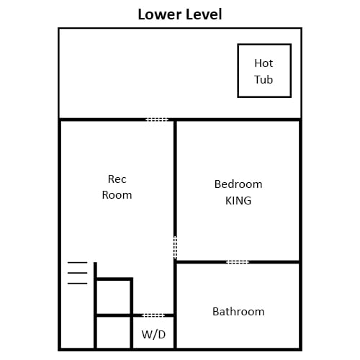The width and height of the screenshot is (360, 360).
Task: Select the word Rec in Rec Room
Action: tap(117, 179)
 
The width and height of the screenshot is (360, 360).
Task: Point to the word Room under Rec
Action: tap(117, 195)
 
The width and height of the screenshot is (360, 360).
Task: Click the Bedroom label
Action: tap(238, 184)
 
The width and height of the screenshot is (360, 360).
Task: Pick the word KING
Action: tap(238, 201)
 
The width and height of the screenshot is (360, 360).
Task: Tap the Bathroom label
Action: tap(238, 312)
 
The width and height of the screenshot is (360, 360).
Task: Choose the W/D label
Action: tap(153, 334)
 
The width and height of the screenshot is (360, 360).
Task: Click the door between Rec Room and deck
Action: tap(157, 120)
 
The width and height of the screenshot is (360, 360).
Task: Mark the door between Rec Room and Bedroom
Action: tap(175, 247)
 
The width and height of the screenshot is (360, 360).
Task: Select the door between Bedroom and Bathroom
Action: tap(238, 262)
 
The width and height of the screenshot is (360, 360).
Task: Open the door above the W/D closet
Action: tap(153, 315)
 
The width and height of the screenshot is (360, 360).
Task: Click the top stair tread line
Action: tap(77, 263)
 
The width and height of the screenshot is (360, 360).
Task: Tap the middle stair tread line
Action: tap(77, 273)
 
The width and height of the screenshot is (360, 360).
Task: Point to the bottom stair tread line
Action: tap(77, 284)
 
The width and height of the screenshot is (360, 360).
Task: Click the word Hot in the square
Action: tap(264, 63)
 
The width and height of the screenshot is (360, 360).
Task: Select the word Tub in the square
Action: tap(264, 79)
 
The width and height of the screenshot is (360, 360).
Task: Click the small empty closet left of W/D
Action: tap(114, 332)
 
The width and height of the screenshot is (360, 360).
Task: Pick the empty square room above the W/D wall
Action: tap(114, 297)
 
